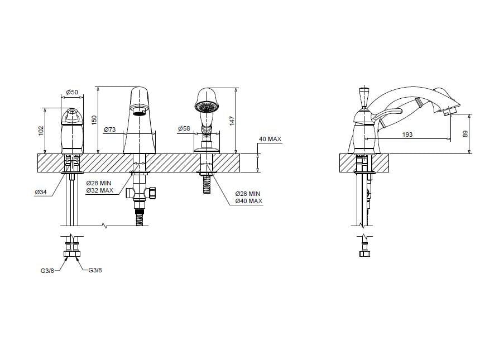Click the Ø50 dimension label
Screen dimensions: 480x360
(72, 92)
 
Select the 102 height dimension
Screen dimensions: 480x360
(41, 130)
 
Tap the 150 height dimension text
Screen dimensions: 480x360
(94, 119)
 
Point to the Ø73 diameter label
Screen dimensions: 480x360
(110, 129)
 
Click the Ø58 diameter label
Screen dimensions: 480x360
(184, 128)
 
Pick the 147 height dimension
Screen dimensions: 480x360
(232, 121)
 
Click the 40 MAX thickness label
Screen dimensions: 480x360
(270, 140)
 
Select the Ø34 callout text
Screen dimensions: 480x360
(41, 192)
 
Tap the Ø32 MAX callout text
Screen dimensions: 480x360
(100, 190)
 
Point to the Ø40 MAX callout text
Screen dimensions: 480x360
(248, 201)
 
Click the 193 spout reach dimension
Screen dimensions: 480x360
(407, 135)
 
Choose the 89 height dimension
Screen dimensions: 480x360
(465, 134)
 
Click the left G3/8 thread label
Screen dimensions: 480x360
(47, 271)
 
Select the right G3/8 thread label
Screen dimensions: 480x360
(95, 270)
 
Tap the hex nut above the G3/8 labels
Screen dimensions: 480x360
(72, 254)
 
